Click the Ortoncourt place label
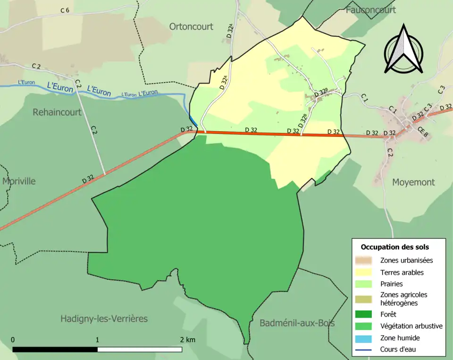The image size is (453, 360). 191,27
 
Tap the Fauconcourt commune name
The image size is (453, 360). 370,9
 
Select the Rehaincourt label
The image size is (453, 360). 57,112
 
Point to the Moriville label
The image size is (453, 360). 19,181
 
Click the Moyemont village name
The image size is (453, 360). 413,182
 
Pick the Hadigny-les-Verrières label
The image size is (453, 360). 104,319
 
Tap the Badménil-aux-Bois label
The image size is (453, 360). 297,323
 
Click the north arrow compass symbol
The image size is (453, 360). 403,50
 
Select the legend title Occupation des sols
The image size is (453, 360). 394,247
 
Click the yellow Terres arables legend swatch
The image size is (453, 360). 365,272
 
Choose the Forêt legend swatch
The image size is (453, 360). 365,314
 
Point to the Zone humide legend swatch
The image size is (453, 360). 365,338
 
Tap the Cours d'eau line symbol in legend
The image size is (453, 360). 365,350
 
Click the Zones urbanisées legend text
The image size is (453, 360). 406,260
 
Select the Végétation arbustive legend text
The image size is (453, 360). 411,326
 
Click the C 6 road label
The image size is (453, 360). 65,10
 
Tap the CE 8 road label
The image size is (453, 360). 423,134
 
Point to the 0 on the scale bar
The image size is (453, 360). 13,340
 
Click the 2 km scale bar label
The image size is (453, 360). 187,340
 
